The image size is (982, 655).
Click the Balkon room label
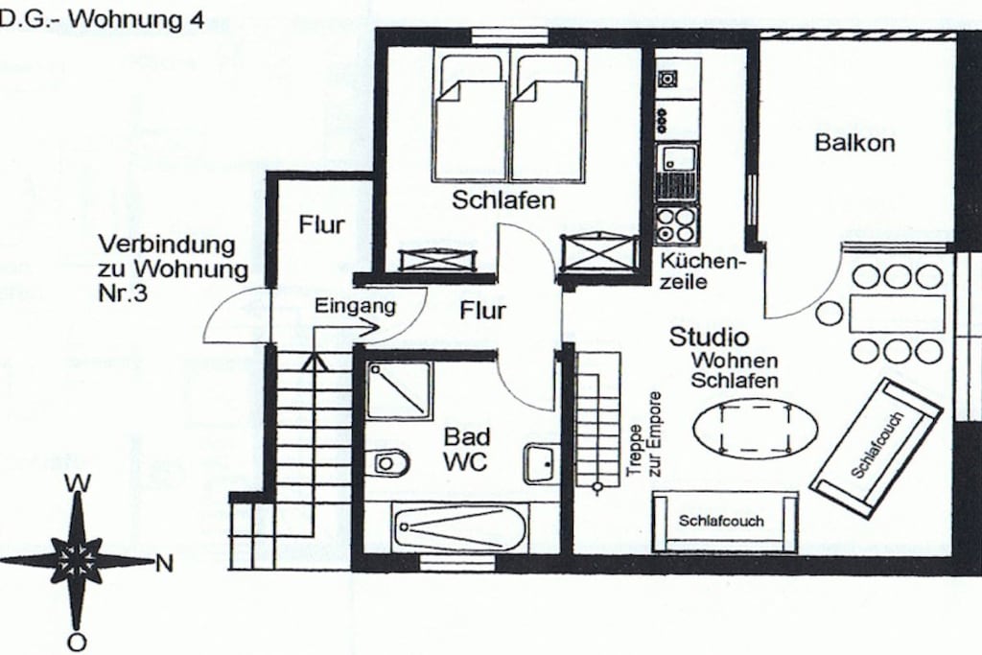pyautogui.click(x=854, y=143)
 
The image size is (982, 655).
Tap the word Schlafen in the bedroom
pyautogui.click(x=503, y=200)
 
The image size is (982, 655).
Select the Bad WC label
pyautogui.click(x=467, y=449)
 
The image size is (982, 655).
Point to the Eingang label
pyautogui.click(x=355, y=306)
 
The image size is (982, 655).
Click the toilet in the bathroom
pyautogui.click(x=391, y=463)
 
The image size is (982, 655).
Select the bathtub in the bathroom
pyautogui.click(x=460, y=527)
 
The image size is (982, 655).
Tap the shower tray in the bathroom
pyautogui.click(x=399, y=390)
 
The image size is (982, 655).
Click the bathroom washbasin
pyautogui.click(x=540, y=463)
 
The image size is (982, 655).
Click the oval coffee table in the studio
pyautogui.click(x=755, y=429)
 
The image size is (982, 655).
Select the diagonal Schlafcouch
pyautogui.click(x=877, y=447)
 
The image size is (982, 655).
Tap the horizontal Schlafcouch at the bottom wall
pyautogui.click(x=725, y=522)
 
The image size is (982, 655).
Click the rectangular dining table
pyautogui.click(x=897, y=315)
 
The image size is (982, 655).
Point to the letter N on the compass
pyautogui.click(x=164, y=564)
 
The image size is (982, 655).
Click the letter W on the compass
pyautogui.click(x=78, y=482)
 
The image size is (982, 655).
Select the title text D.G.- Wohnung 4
pyautogui.click(x=102, y=19)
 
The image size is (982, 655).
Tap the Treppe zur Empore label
pyautogui.click(x=644, y=434)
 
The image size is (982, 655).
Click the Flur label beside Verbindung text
pyautogui.click(x=321, y=224)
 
